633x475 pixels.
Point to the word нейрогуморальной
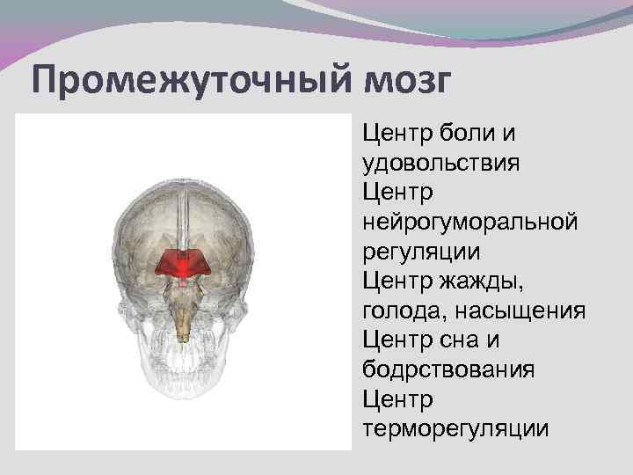coord(469,223)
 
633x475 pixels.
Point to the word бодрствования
coord(447,369)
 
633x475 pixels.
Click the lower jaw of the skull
coord(183,413)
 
